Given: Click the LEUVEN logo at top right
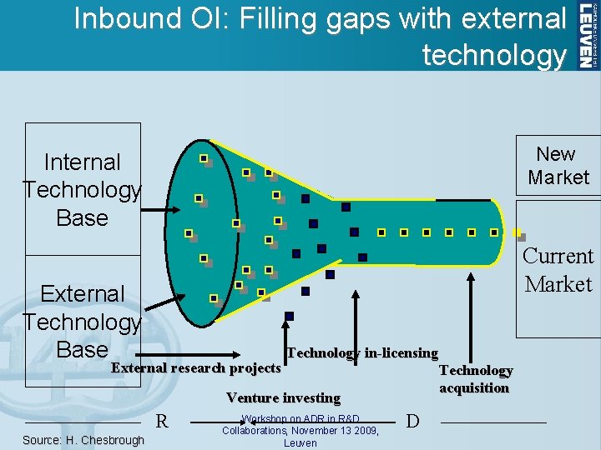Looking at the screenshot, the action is click(x=588, y=35).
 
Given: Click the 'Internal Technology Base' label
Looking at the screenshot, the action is click(x=82, y=190).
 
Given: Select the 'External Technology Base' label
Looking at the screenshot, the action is click(x=82, y=322).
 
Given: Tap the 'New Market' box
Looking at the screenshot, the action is click(x=558, y=166).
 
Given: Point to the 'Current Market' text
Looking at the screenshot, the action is click(x=558, y=270).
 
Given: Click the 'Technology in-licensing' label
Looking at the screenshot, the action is click(x=362, y=353).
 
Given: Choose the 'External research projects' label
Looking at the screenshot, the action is click(x=196, y=368).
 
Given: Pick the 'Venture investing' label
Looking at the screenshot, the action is click(x=283, y=398).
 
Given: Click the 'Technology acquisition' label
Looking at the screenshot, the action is click(x=476, y=379).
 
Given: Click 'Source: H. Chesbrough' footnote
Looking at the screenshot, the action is click(x=83, y=440).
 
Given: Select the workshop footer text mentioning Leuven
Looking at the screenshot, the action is click(x=300, y=431).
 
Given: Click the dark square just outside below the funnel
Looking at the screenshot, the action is click(x=290, y=316).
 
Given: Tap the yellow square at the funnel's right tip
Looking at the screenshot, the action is click(x=518, y=233).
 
